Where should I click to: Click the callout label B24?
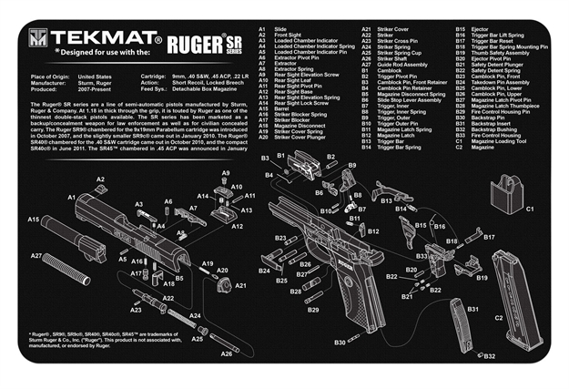263,271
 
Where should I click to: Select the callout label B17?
488,237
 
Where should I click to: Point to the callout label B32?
489,356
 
